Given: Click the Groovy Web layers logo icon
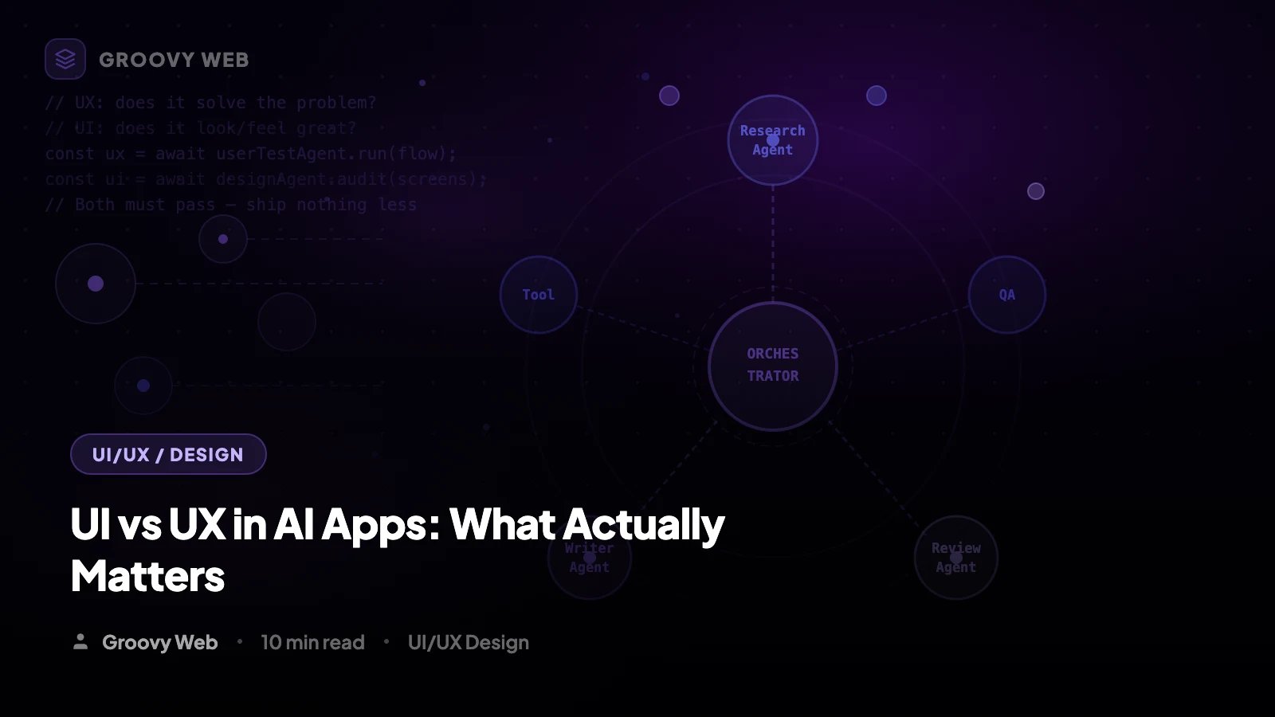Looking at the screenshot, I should (x=65, y=59).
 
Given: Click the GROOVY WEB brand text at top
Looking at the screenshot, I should (x=174, y=60).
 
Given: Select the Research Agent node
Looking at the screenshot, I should (x=772, y=140).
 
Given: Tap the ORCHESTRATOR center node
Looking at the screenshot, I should (x=772, y=366).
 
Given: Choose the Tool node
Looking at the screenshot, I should (x=538, y=295).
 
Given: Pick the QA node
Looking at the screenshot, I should (x=1006, y=295).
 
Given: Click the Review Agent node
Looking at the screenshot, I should (x=955, y=558).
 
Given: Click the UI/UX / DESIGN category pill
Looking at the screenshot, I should (x=168, y=454).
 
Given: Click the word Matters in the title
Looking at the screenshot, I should (x=147, y=577).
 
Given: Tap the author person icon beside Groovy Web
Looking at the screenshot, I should (x=80, y=641).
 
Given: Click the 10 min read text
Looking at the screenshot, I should (x=312, y=642).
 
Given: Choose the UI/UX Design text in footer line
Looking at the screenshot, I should (x=468, y=642).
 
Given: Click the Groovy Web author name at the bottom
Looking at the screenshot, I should (x=159, y=642).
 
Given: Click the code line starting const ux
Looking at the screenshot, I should (x=250, y=154).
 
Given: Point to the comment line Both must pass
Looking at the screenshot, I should (x=231, y=205).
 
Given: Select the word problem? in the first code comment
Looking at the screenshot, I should (x=336, y=103).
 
